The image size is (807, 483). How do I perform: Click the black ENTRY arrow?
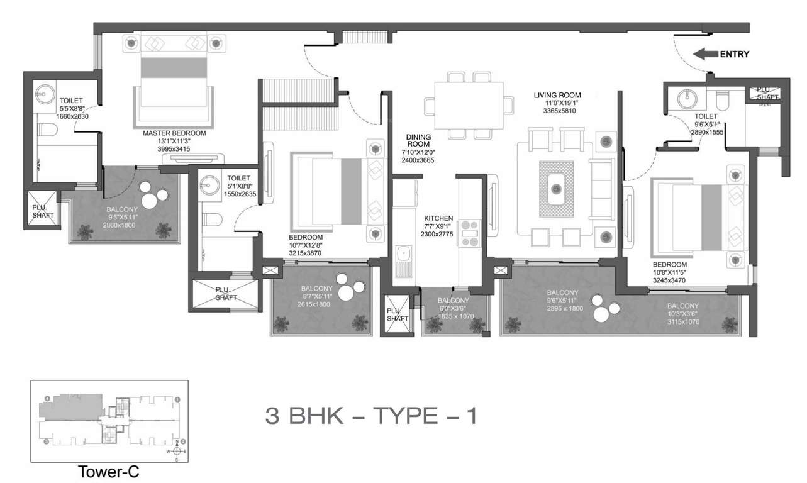coord(704,55)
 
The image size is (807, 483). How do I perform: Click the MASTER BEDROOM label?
coord(174,133)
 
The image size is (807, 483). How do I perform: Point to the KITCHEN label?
coord(438,218)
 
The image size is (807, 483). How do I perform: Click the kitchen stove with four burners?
coord(470,233)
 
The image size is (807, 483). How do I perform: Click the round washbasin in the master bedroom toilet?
coord(45,97)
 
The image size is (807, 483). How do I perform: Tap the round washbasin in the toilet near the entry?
coord(685,99)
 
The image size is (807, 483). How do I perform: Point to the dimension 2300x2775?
coord(438,235)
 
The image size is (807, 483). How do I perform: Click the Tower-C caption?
coord(109,472)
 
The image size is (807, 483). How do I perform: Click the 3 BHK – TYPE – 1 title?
coord(371,416)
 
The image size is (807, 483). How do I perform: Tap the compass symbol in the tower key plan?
coord(177,450)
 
